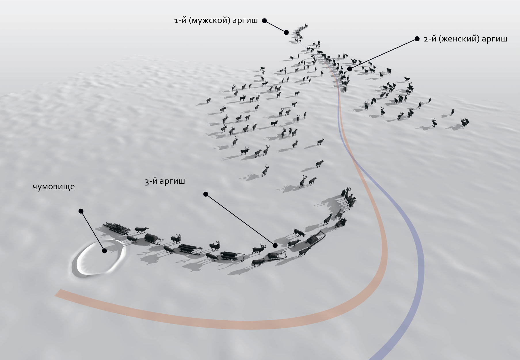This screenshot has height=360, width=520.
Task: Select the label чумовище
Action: [x=54, y=187]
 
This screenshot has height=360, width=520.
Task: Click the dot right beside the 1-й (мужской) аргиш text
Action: [x=264, y=21]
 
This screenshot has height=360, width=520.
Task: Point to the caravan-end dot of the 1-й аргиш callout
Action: [x=286, y=33]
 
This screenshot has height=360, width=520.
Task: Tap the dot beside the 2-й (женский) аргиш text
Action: [x=417, y=39]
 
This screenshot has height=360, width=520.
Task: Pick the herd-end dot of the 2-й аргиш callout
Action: [x=349, y=69]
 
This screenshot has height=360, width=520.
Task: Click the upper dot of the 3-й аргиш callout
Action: [x=206, y=194]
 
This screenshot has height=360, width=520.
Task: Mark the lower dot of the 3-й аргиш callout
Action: [x=275, y=245]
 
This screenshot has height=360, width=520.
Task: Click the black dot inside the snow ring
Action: [x=104, y=251]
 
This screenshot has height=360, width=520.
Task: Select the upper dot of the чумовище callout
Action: [x=81, y=211]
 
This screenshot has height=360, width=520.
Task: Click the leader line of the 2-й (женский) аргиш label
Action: [x=383, y=54]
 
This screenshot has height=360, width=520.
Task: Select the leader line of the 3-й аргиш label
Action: [x=240, y=220]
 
